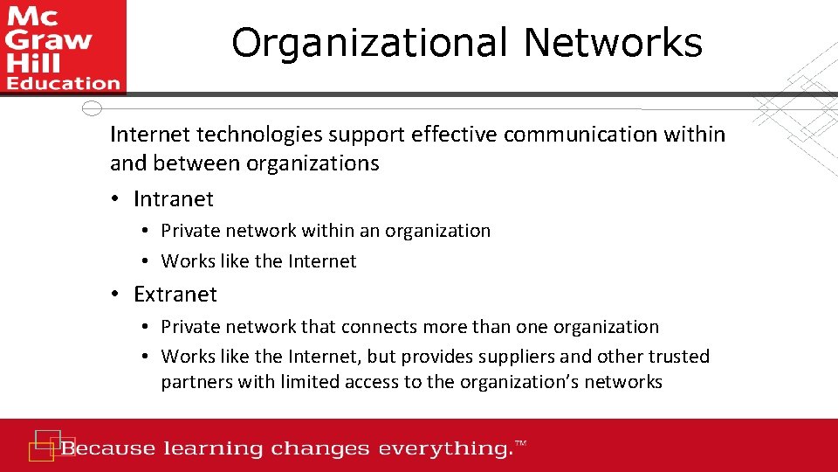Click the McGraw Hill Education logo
[x=63, y=46]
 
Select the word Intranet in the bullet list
[x=174, y=199]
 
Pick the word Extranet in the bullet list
[x=175, y=295]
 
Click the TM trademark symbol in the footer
[x=521, y=445]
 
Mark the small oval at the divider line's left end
[x=92, y=108]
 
